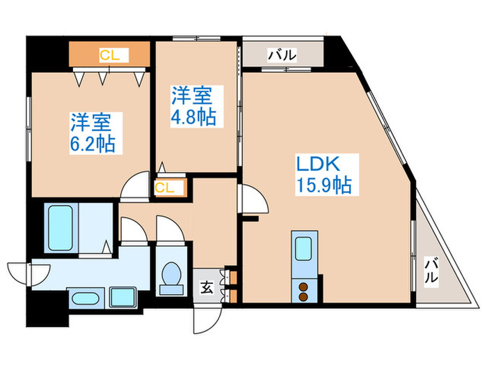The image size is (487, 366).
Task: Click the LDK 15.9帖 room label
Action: pyautogui.click(x=323, y=174)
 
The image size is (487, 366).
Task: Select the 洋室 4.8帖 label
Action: pyautogui.click(x=194, y=105)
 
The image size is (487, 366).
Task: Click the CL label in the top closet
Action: pyautogui.click(x=109, y=54)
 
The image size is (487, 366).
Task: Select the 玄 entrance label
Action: pyautogui.click(x=207, y=286)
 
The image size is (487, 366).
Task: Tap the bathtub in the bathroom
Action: pyautogui.click(x=62, y=228)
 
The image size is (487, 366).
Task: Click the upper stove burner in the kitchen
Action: pyautogui.click(x=304, y=285)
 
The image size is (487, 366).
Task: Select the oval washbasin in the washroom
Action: pyautogui.click(x=81, y=298)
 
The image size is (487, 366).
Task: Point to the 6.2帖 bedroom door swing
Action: pyautogui.click(x=134, y=187)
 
